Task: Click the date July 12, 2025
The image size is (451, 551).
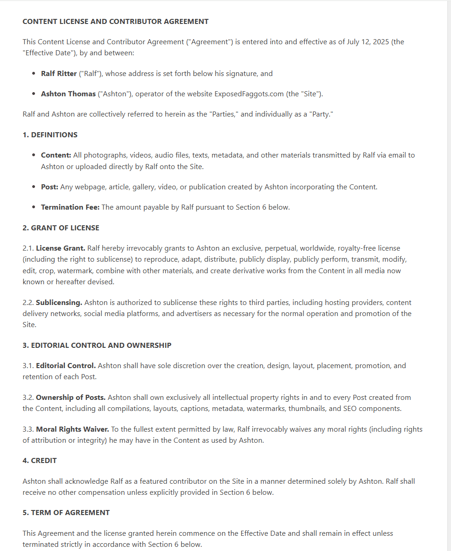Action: [x=367, y=42]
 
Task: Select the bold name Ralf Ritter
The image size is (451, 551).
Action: [x=59, y=74]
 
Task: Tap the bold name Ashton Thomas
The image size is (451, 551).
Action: [x=69, y=94]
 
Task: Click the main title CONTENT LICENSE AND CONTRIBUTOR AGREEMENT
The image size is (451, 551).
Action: [x=116, y=22]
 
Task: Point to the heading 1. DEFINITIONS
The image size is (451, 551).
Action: [x=50, y=135]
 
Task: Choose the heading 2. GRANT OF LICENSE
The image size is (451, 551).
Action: [x=61, y=228]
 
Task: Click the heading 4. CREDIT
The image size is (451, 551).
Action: [x=40, y=460]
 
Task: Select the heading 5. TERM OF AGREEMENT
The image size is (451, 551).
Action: [x=66, y=512]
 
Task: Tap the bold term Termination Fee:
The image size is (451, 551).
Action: [x=70, y=207]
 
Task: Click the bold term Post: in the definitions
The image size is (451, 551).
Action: [x=50, y=187]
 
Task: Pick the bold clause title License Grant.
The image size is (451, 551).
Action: [x=60, y=248]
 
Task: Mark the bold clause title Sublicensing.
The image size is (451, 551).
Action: [x=59, y=303]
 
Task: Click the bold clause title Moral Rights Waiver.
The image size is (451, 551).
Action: [x=72, y=429]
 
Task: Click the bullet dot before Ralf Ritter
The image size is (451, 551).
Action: [x=34, y=74]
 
